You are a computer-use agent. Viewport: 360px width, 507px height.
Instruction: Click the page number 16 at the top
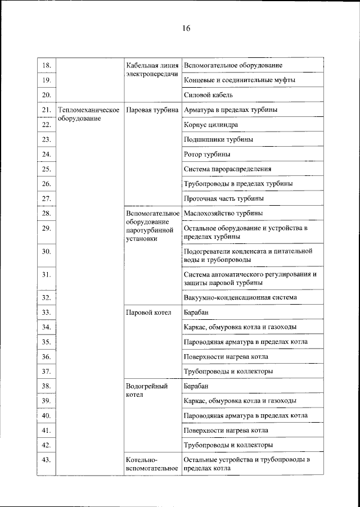tap(186, 29)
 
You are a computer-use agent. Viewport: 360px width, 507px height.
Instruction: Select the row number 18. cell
tap(47, 66)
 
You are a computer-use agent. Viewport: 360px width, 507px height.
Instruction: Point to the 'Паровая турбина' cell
tap(152, 110)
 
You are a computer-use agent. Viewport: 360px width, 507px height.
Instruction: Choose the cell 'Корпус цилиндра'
tap(211, 124)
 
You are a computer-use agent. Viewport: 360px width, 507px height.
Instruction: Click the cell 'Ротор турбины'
tap(206, 153)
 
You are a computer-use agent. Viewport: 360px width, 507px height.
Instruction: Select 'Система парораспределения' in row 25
tap(228, 169)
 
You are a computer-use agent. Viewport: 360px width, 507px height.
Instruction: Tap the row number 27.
tap(47, 198)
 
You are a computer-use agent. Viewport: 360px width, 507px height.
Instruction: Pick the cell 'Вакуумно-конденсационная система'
tap(240, 297)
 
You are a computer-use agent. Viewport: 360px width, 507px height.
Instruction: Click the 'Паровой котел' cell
tap(148, 312)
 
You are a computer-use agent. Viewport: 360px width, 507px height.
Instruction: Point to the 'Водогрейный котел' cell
tap(147, 390)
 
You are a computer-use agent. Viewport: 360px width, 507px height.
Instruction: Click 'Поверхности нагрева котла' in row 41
tap(226, 431)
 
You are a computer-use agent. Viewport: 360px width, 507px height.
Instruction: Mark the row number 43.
tap(47, 460)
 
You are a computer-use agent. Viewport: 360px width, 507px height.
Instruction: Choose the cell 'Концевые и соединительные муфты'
tap(240, 80)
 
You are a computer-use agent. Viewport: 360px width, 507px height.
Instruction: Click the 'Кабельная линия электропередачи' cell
tap(152, 70)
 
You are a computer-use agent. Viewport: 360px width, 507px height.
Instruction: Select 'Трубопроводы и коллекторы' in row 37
tap(228, 372)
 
